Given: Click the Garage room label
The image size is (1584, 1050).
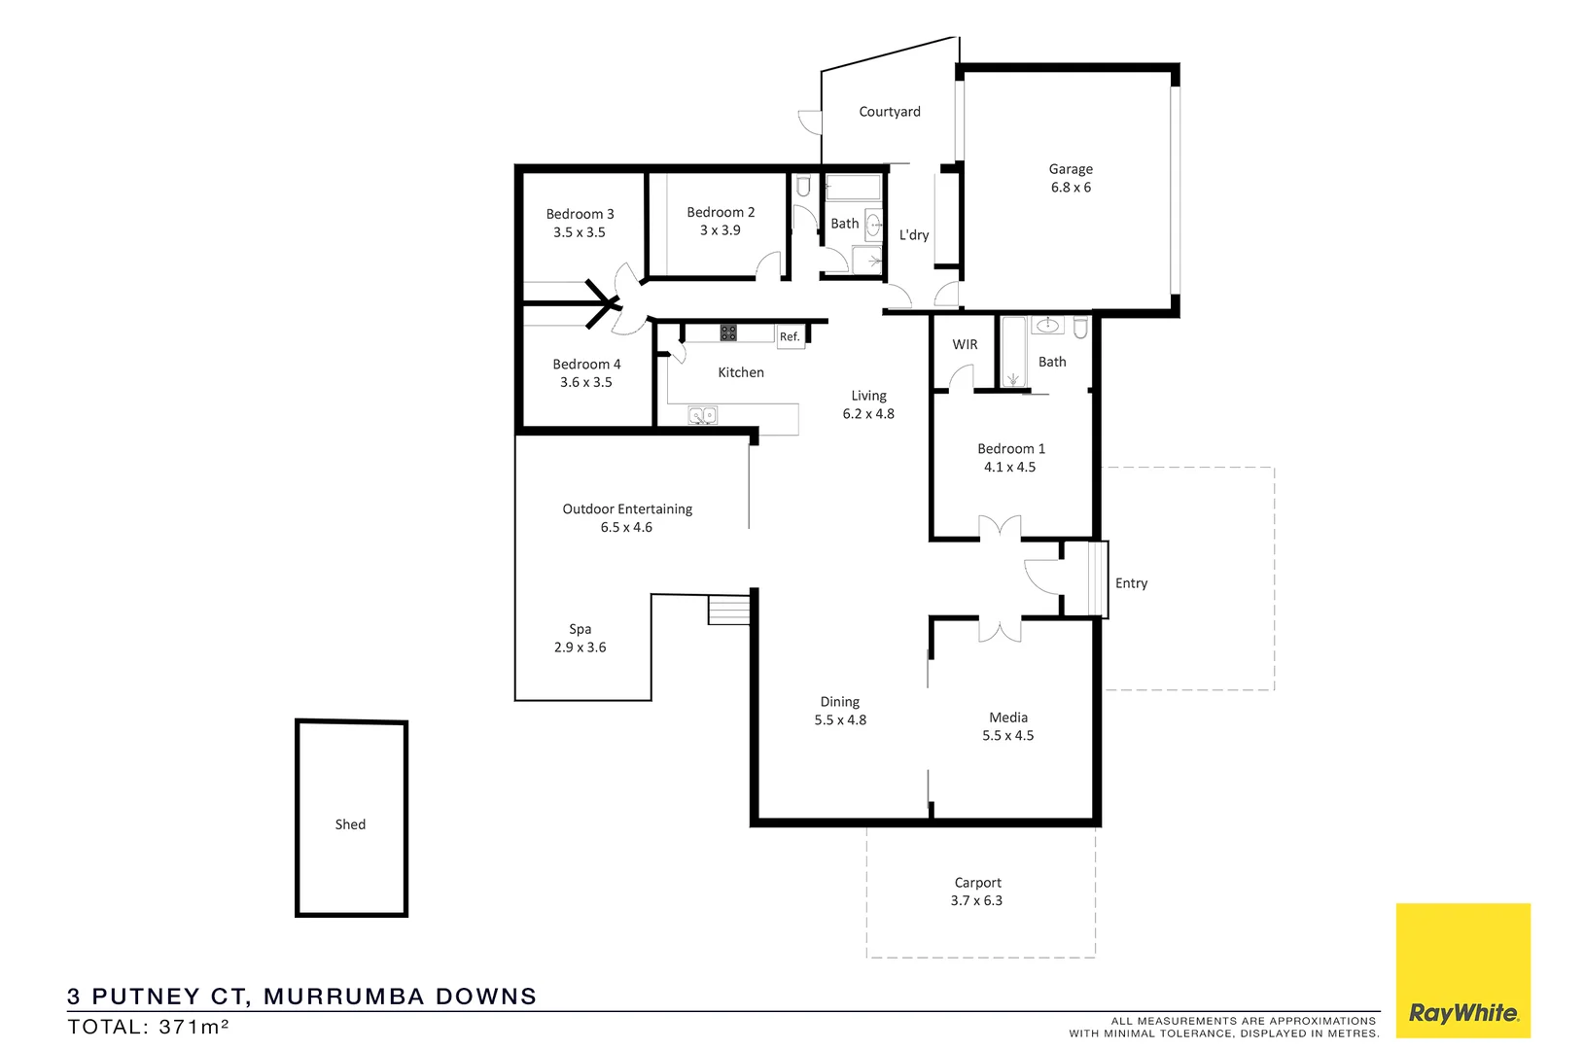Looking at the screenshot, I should (x=1071, y=169).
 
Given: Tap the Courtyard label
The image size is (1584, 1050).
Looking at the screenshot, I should (x=889, y=112).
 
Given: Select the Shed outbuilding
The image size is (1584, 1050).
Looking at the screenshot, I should (x=351, y=819).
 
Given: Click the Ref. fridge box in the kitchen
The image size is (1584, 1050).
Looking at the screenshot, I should (x=790, y=336).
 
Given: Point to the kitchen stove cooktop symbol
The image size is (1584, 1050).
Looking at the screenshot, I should (x=728, y=332).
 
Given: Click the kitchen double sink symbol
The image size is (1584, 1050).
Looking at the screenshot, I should (x=702, y=416).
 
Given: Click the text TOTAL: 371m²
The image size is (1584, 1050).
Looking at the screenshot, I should (x=148, y=1027).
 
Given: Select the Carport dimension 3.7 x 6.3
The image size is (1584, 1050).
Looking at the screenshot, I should (x=976, y=901).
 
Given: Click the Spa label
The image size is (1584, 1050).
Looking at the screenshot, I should (x=581, y=629).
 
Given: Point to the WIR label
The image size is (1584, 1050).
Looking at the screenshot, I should (x=965, y=345).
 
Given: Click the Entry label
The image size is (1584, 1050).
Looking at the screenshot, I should (x=1131, y=583).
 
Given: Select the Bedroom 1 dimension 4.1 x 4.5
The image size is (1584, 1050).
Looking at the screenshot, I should (x=1009, y=468).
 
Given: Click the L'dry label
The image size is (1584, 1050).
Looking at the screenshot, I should (x=913, y=235).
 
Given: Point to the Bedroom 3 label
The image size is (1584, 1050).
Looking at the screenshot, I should (x=580, y=214).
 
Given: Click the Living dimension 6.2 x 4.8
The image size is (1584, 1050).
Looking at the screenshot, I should (x=868, y=414).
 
